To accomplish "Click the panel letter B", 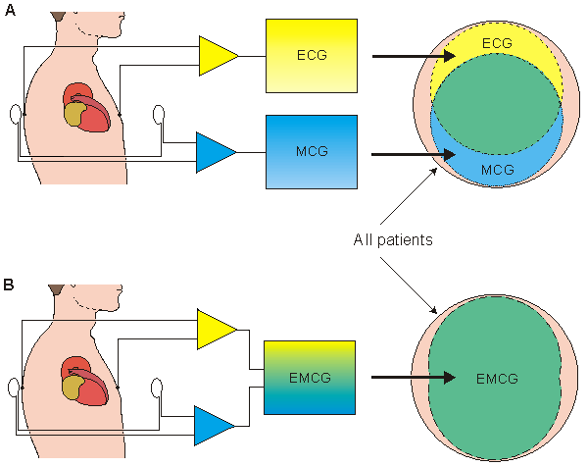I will coord(8,285).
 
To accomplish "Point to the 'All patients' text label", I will coord(394,238).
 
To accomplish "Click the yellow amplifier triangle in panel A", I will coord(216,57).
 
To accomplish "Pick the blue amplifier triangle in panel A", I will coord(214,151).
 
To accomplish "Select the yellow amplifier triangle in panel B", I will coord(214,330).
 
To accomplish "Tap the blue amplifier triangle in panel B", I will coord(213,425).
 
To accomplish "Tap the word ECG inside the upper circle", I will coord(498,44).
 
